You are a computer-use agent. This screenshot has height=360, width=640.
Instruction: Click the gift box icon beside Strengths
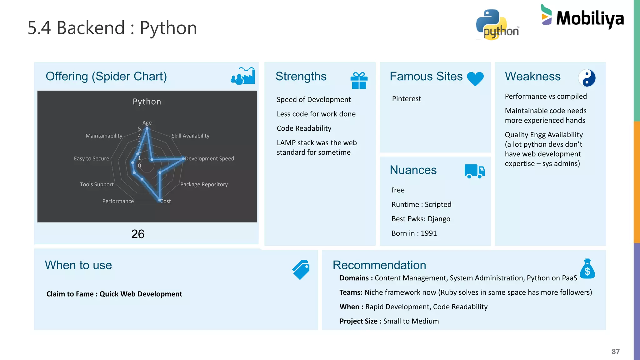pyautogui.click(x=359, y=80)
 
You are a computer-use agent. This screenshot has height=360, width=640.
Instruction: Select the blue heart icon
pyautogui.click(x=475, y=78)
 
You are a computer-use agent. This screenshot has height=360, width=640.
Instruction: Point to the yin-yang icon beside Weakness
pyautogui.click(x=587, y=78)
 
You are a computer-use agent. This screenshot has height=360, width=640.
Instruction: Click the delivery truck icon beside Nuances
pyautogui.click(x=474, y=171)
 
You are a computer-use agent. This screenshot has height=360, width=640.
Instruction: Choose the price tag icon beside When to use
pyautogui.click(x=301, y=270)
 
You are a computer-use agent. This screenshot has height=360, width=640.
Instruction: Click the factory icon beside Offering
pyautogui.click(x=243, y=76)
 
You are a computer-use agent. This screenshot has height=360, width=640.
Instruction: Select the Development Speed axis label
pyautogui.click(x=209, y=159)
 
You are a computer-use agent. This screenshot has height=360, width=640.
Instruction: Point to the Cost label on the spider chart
pyautogui.click(x=166, y=201)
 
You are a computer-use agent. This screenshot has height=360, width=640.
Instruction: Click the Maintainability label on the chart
pyautogui.click(x=104, y=136)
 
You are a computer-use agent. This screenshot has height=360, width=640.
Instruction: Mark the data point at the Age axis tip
pyautogui.click(x=147, y=128)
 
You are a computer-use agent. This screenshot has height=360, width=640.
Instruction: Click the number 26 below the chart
pyautogui.click(x=138, y=234)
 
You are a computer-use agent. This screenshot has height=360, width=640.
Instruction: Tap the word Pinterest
pyautogui.click(x=406, y=99)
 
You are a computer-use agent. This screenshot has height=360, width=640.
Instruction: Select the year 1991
pyautogui.click(x=428, y=233)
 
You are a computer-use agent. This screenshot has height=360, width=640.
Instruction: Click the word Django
pyautogui.click(x=439, y=219)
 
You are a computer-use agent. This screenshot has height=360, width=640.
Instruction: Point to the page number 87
pyautogui.click(x=615, y=352)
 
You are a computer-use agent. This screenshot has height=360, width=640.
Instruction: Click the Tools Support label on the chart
pyautogui.click(x=97, y=184)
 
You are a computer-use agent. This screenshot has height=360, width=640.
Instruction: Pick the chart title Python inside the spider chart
pyautogui.click(x=147, y=102)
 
